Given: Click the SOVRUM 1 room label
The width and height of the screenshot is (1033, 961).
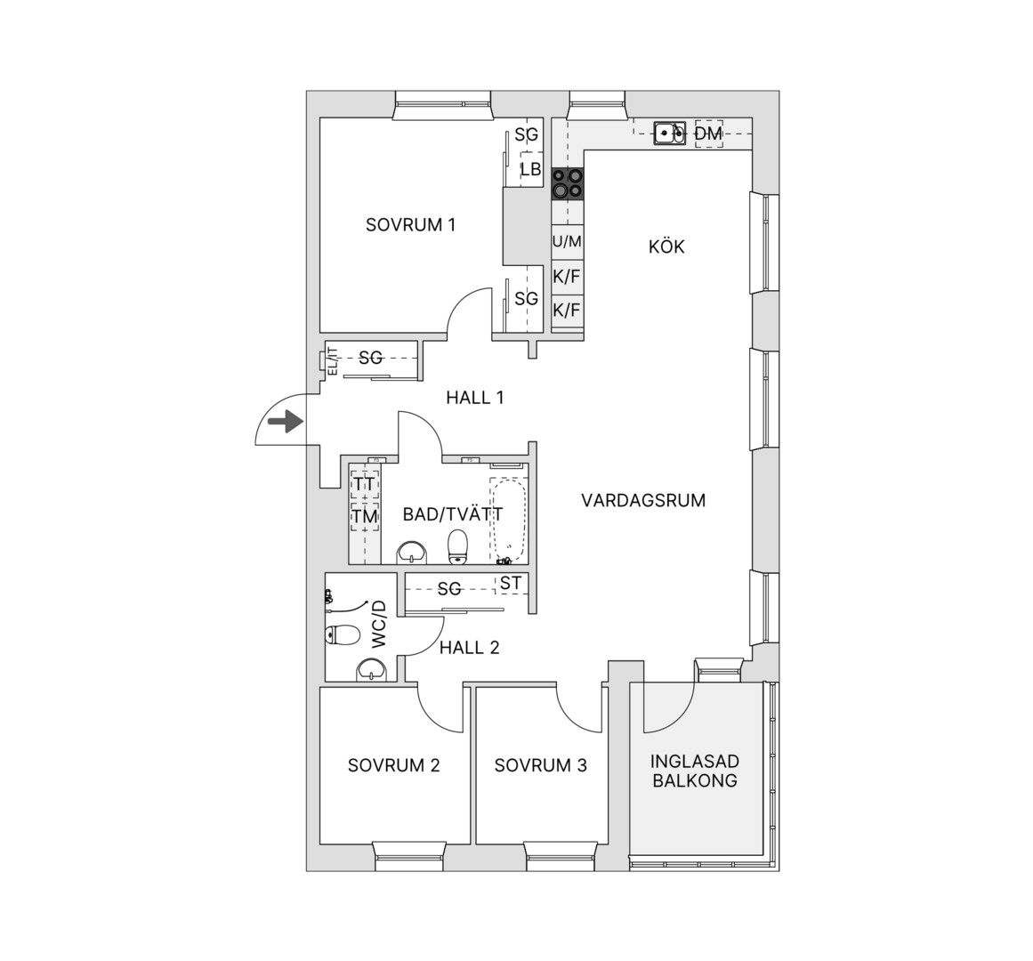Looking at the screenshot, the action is pyautogui.click(x=410, y=225).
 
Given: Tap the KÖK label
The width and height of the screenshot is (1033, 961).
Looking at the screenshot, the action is pyautogui.click(x=666, y=247).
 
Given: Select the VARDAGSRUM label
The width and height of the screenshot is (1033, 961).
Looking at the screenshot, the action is pyautogui.click(x=643, y=501).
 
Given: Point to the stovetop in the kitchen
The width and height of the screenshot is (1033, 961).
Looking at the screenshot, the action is pyautogui.click(x=568, y=183).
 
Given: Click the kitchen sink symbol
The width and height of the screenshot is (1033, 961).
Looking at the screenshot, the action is pyautogui.click(x=670, y=133).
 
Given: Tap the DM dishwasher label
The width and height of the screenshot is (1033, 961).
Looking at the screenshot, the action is pyautogui.click(x=709, y=134).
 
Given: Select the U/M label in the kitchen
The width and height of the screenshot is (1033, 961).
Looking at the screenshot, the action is pyautogui.click(x=567, y=242).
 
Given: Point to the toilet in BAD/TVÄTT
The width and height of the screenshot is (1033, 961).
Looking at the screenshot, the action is pyautogui.click(x=458, y=547).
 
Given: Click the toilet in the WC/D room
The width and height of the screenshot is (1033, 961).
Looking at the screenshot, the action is pyautogui.click(x=343, y=635).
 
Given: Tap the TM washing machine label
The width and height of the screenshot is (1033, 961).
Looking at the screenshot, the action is pyautogui.click(x=364, y=516).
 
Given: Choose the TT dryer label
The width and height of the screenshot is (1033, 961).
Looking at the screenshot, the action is pyautogui.click(x=364, y=484).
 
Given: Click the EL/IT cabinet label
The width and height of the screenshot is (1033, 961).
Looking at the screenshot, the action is pyautogui.click(x=333, y=361).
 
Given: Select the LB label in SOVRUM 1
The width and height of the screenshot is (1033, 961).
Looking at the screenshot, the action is pyautogui.click(x=530, y=169).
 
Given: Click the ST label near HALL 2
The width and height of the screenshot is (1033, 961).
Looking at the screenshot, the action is pyautogui.click(x=511, y=583).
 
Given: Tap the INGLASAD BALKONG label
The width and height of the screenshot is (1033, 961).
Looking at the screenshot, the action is pyautogui.click(x=694, y=771).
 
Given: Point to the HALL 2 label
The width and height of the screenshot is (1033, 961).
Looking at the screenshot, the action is pyautogui.click(x=470, y=648).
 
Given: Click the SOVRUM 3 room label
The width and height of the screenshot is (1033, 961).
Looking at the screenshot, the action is pyautogui.click(x=540, y=765).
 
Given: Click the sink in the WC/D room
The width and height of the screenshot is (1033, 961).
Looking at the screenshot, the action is pyautogui.click(x=373, y=670).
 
